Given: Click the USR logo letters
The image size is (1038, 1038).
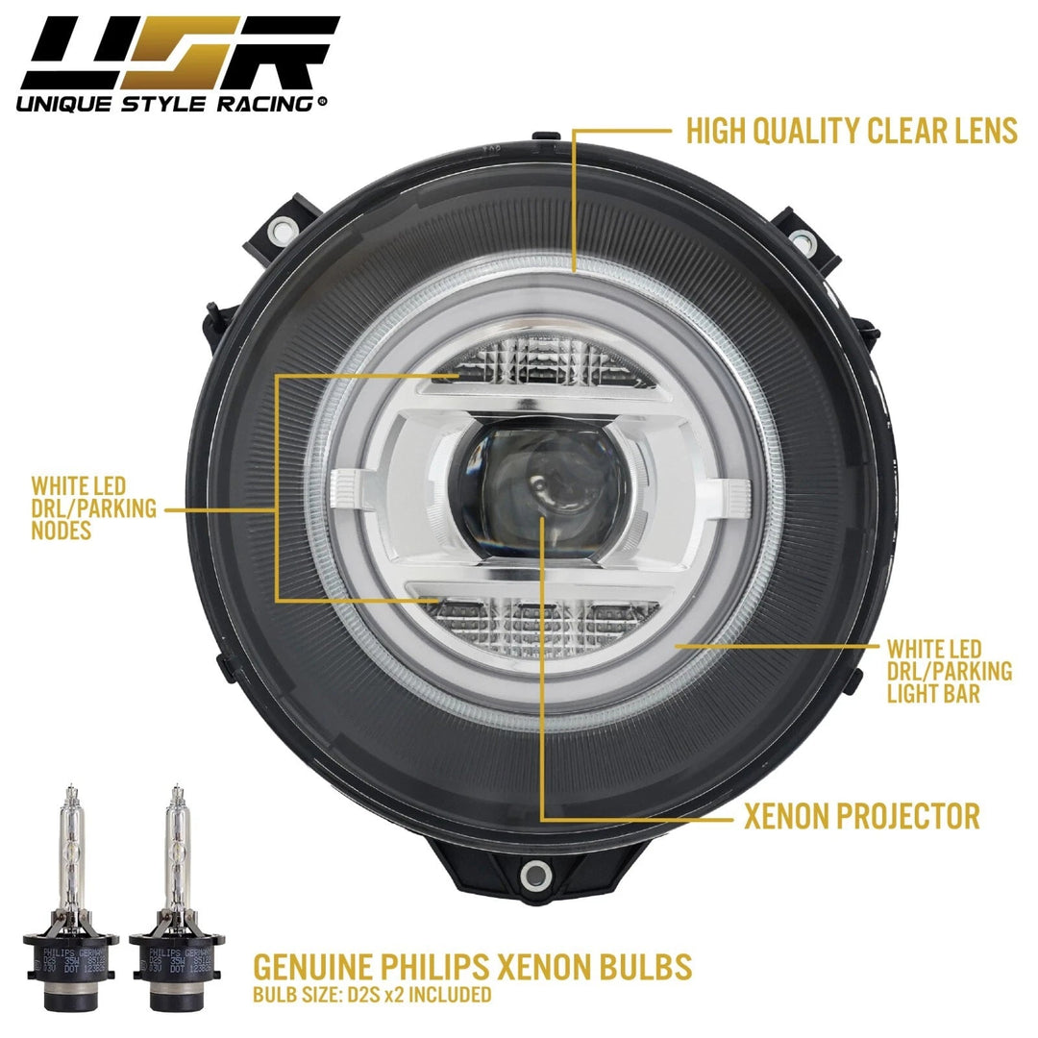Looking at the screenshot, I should tap(173, 53).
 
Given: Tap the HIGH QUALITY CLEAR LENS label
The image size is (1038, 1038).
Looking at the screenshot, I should tap(852, 132).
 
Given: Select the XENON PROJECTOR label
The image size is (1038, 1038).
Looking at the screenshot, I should tap(862, 817).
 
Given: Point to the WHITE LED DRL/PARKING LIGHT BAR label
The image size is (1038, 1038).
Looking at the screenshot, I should tap(949, 671).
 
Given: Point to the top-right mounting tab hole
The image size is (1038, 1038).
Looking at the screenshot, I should tap(798, 236).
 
